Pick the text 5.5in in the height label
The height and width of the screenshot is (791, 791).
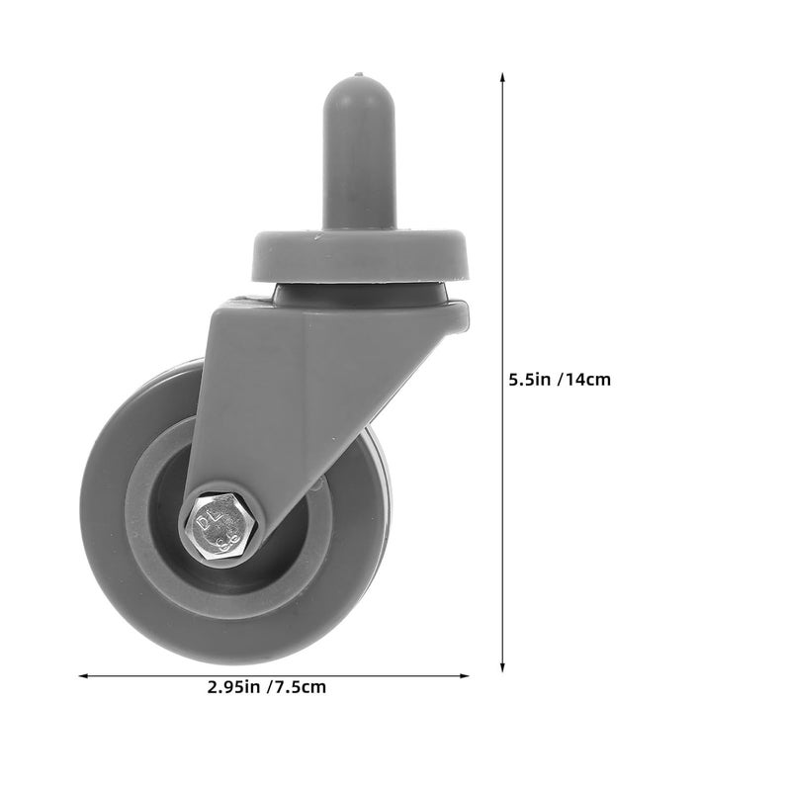(x=531, y=379)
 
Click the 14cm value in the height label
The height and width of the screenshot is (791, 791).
(x=589, y=379)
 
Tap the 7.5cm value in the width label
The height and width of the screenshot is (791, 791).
(x=301, y=687)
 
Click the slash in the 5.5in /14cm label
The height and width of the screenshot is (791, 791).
(x=561, y=379)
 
